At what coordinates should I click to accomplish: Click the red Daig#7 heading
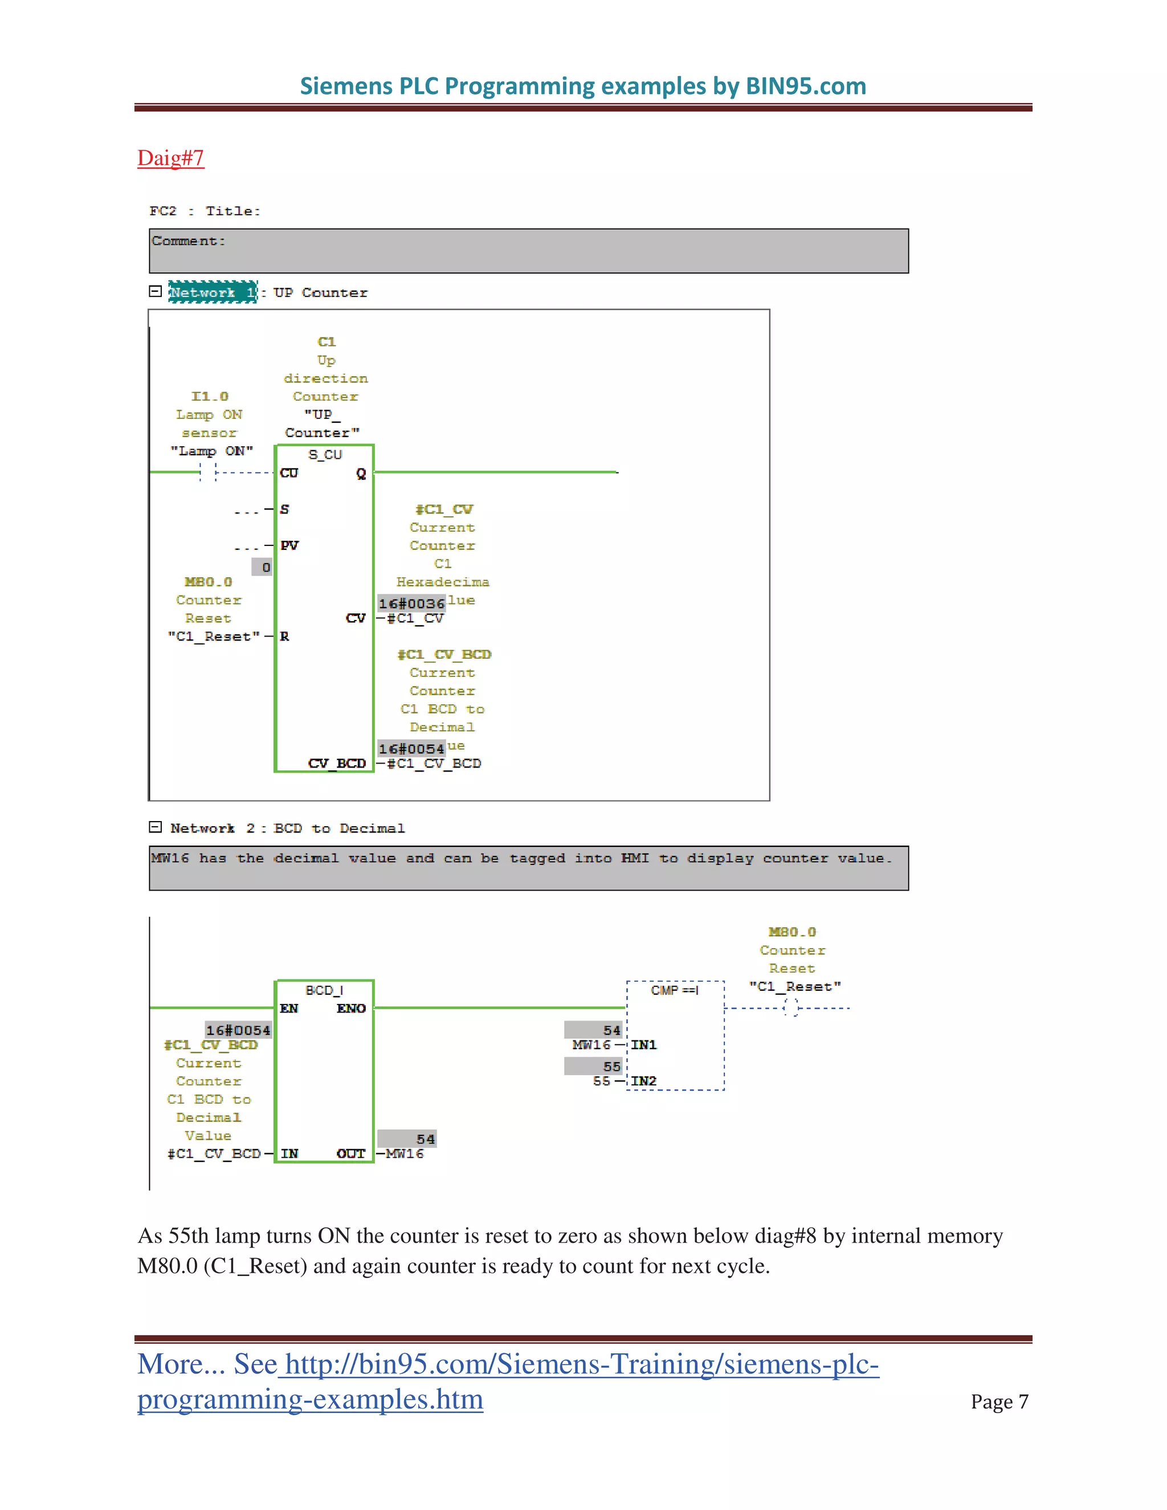pyautogui.click(x=170, y=158)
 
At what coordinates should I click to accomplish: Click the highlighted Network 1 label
pyautogui.click(x=212, y=292)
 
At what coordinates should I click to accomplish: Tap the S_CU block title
pyautogui.click(x=325, y=455)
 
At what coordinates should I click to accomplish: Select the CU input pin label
pyautogui.click(x=289, y=473)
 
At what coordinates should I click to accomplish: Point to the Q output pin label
pyautogui.click(x=361, y=474)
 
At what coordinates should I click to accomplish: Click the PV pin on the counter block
pyautogui.click(x=289, y=545)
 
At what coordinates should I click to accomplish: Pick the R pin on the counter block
pyautogui.click(x=285, y=636)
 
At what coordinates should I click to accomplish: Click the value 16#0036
pyautogui.click(x=411, y=603)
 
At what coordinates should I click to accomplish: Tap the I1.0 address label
pyautogui.click(x=210, y=396)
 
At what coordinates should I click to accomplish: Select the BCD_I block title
pyautogui.click(x=324, y=990)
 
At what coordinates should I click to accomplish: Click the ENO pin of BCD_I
pyautogui.click(x=351, y=1009)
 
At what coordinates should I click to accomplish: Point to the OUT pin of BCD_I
pyautogui.click(x=350, y=1153)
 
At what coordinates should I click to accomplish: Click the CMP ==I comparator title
pyautogui.click(x=675, y=990)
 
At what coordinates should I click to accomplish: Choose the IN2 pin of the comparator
pyautogui.click(x=644, y=1080)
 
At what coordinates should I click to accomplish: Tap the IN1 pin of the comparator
pyautogui.click(x=644, y=1044)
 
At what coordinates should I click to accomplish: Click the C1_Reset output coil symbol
pyautogui.click(x=791, y=1007)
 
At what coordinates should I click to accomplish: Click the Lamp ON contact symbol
pyautogui.click(x=208, y=473)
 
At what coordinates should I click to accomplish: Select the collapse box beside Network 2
pyautogui.click(x=156, y=827)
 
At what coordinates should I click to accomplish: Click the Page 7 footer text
pyautogui.click(x=999, y=1402)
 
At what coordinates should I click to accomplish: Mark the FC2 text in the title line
pyautogui.click(x=163, y=211)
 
